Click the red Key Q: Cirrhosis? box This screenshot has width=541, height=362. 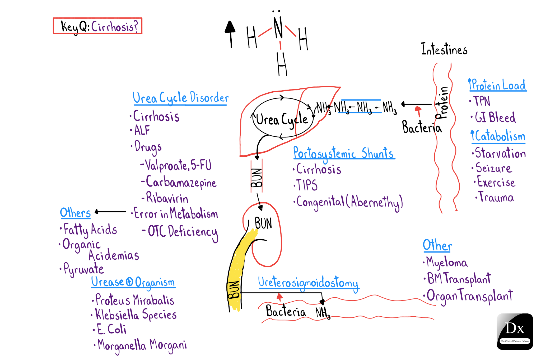(97, 26)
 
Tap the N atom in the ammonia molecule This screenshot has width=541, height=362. (278, 28)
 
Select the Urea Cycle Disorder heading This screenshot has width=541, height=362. (180, 98)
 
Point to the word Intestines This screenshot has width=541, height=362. (444, 49)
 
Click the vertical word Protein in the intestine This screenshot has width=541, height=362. (442, 103)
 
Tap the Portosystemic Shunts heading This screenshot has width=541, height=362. (343, 153)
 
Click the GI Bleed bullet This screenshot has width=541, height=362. (495, 117)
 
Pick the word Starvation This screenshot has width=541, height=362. (500, 153)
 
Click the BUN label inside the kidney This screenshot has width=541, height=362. (263, 223)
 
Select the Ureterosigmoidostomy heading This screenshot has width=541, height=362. (308, 283)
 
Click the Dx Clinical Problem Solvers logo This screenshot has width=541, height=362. (515, 331)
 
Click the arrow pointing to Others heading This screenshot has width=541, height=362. (110, 212)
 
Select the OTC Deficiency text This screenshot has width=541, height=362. (182, 232)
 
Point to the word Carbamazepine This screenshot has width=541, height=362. (181, 182)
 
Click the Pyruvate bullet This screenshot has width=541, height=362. (83, 269)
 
